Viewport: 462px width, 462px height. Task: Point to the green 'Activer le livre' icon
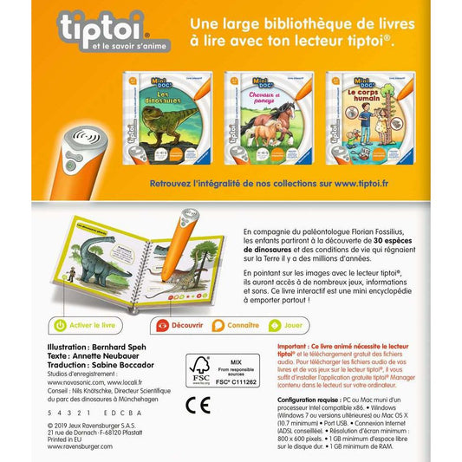click(x=60, y=326)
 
